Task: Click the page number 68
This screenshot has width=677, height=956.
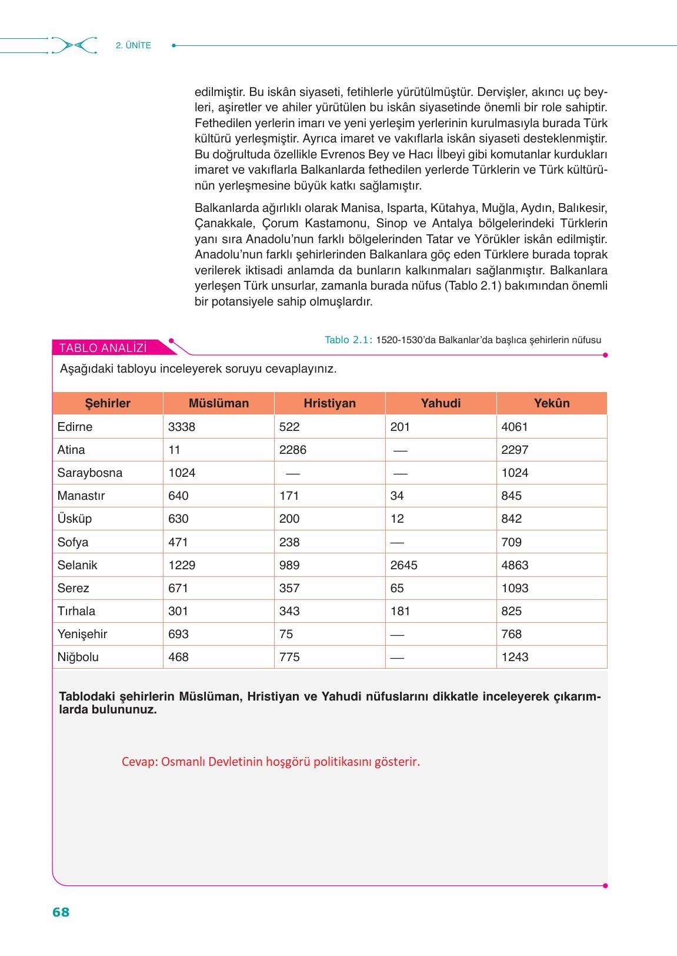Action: point(61,912)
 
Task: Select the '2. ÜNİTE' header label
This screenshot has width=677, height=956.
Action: point(134,45)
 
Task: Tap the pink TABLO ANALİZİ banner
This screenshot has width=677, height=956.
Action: point(104,348)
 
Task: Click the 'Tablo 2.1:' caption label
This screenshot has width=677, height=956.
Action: point(348,340)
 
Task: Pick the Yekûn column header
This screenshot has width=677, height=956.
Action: point(551,403)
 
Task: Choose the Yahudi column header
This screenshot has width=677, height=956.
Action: point(441,403)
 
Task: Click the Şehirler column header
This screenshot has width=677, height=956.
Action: point(108,403)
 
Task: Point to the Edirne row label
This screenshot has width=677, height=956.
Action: point(75,427)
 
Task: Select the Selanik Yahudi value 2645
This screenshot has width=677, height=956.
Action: point(403,565)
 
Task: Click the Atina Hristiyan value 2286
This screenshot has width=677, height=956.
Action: point(292,450)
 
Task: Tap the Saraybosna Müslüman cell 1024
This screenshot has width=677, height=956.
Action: point(181,473)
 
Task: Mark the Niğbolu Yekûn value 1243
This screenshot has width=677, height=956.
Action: point(515,657)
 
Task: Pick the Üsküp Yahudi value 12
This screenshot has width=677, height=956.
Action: point(397,519)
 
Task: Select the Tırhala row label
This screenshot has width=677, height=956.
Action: point(76,611)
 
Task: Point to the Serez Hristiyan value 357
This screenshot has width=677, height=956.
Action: point(289,588)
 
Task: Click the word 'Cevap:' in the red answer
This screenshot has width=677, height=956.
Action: point(139,762)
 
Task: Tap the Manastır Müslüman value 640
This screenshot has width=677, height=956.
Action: point(178,496)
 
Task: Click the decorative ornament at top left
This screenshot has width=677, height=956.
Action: point(74,45)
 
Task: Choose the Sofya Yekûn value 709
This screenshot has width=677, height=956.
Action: point(511,542)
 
